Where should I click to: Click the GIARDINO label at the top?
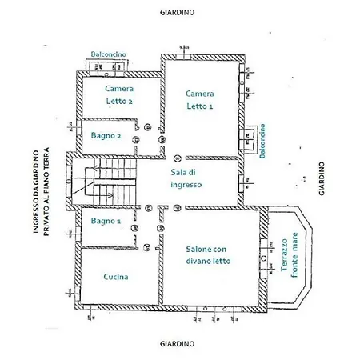pos(181,14)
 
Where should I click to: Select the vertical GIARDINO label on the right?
pos(320,181)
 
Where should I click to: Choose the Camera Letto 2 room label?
pos(118,95)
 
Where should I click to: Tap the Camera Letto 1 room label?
pos(200,99)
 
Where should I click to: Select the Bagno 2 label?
pos(106,137)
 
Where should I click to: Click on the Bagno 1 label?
pos(106,220)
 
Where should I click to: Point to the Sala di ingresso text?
pos(186,178)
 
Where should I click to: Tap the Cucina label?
pos(116,277)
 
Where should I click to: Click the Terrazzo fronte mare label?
pos(286,265)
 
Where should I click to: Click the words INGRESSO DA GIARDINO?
pos(36,192)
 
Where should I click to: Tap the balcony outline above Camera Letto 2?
pos(108,62)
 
